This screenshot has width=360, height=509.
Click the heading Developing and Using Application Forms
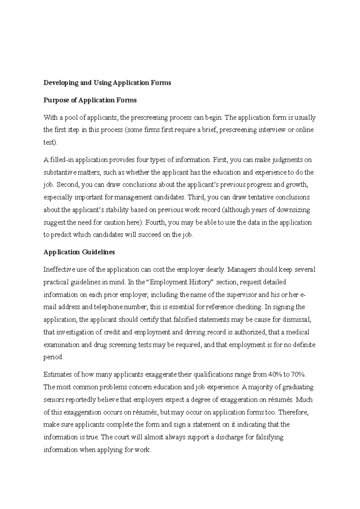[107, 83]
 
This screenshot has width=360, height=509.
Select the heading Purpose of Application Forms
[90, 100]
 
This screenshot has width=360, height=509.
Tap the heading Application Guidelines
[79, 252]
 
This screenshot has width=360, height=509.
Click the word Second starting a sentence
[68, 185]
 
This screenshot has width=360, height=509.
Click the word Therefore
[293, 412]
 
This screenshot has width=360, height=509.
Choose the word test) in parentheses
[50, 142]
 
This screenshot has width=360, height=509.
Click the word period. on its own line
[54, 357]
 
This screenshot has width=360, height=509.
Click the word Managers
[242, 269]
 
